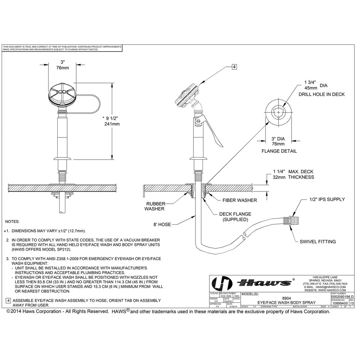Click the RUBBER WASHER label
click(x=155, y=206)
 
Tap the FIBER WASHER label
click(x=239, y=200)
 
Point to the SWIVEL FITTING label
click(x=317, y=242)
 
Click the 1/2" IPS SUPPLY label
click(x=327, y=199)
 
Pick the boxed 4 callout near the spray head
click(x=234, y=66)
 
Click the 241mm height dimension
click(x=112, y=124)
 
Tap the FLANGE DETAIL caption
click(x=279, y=151)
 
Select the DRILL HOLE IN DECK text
click(x=321, y=94)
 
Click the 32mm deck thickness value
click(x=279, y=177)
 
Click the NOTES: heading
click(x=12, y=222)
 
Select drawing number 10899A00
click(x=340, y=302)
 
